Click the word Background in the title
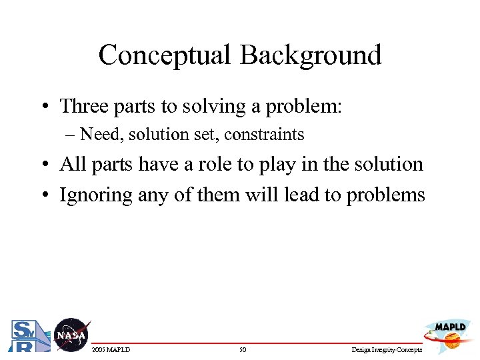click(x=311, y=55)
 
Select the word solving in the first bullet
click(x=210, y=107)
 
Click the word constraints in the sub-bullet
click(x=264, y=135)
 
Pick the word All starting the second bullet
click(x=72, y=164)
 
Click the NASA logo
click(x=70, y=335)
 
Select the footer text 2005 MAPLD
click(x=110, y=349)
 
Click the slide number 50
click(x=243, y=349)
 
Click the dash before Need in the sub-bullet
click(x=72, y=135)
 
